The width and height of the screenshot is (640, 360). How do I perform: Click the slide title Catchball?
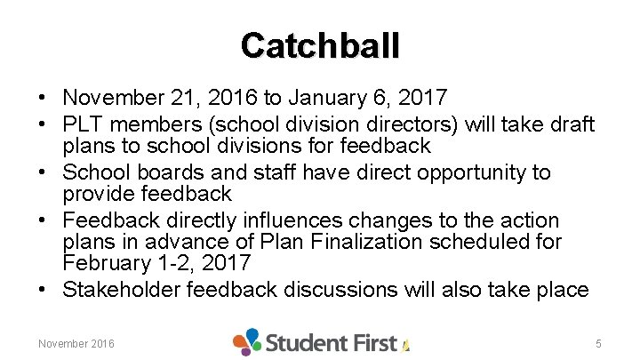click(320, 45)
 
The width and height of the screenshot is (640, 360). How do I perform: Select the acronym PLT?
click(84, 124)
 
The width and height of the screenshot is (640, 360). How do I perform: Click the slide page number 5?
click(599, 343)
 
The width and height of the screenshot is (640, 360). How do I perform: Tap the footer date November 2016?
click(76, 343)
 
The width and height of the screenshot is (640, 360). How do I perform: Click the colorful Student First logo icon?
click(247, 341)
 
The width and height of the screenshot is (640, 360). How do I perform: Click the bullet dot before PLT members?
click(43, 124)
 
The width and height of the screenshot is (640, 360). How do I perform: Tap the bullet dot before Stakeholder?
click(43, 290)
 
